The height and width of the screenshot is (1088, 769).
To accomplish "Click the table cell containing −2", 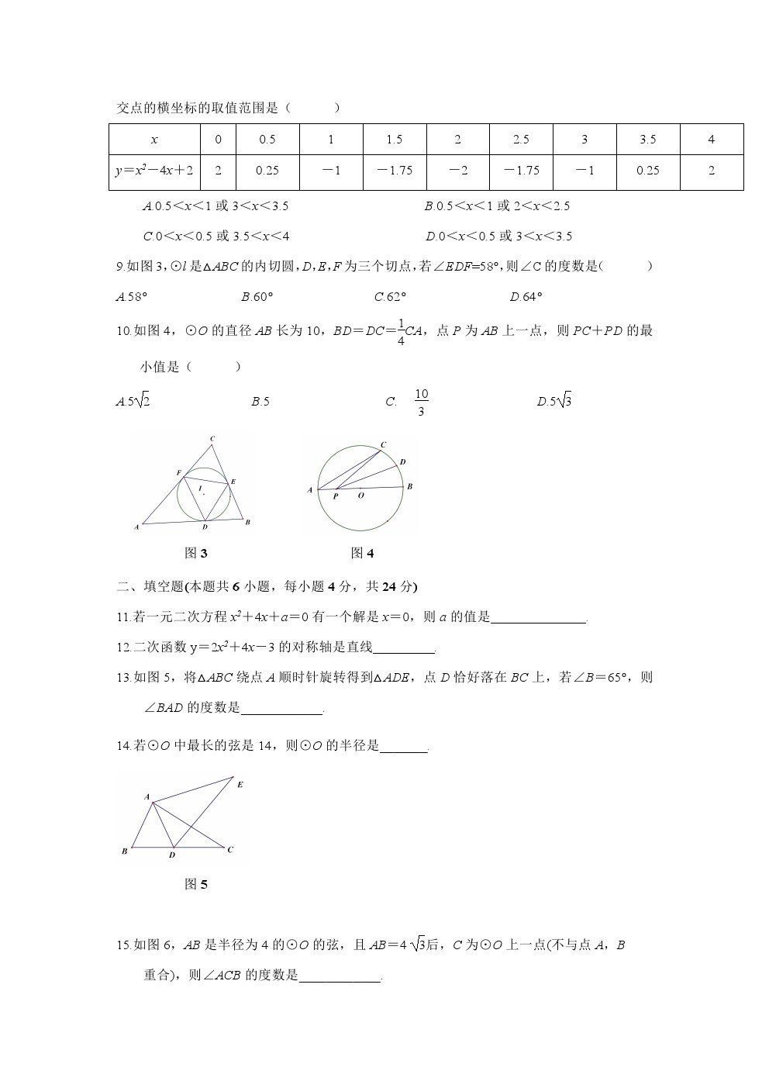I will [x=457, y=171].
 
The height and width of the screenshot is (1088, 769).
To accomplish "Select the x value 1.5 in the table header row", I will [x=394, y=140].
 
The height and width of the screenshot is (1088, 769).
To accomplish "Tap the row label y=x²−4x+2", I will [x=154, y=171].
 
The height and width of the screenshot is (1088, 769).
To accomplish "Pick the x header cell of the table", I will [x=154, y=140].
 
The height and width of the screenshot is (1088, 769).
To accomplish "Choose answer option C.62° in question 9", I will [x=390, y=296].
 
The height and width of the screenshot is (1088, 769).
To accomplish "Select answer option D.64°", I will [x=526, y=296].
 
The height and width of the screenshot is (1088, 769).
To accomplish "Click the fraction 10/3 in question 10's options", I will [x=421, y=402].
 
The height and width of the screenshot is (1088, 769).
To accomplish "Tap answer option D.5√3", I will [x=554, y=402].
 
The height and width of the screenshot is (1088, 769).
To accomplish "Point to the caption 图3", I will [x=196, y=553].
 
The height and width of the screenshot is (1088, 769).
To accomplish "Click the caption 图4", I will [x=362, y=553].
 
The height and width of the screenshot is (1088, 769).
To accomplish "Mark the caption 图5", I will [x=196, y=884].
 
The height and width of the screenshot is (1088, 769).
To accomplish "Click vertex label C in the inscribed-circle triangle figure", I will [x=212, y=440].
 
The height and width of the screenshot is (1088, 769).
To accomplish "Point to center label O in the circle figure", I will [x=360, y=496].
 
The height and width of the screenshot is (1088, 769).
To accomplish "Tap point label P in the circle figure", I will [x=336, y=496].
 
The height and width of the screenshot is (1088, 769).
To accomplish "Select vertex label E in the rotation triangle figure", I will [x=240, y=785].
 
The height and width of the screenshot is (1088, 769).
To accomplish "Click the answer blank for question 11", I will [x=539, y=618].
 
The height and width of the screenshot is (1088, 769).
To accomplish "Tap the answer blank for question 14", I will [x=404, y=747].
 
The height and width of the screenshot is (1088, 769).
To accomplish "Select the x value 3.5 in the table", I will [x=647, y=140].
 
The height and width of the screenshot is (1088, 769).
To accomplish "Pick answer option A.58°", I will [x=131, y=296].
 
